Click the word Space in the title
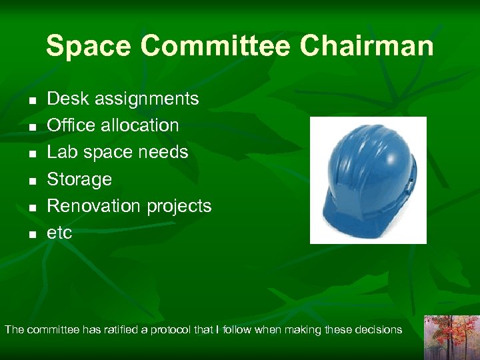89,47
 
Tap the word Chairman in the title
367,47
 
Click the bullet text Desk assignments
123,99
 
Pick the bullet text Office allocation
113,125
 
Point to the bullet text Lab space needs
117,152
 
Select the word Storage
79,179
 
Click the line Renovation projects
129,206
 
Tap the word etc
59,233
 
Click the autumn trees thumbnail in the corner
451,337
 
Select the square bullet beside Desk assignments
31,101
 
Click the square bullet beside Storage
31,181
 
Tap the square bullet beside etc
31,235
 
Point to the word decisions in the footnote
378,329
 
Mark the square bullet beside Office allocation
31,127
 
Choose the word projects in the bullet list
179,206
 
